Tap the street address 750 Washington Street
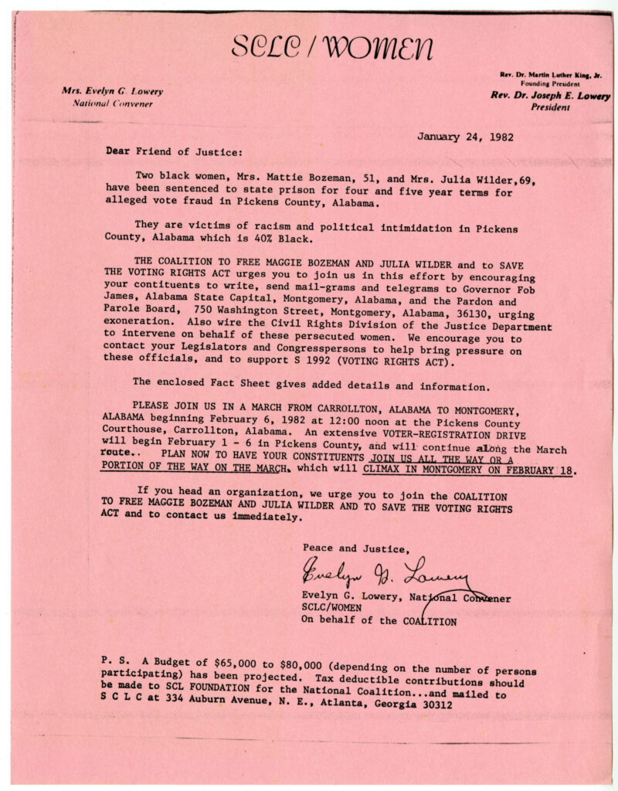pyautogui.click(x=253, y=305)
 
